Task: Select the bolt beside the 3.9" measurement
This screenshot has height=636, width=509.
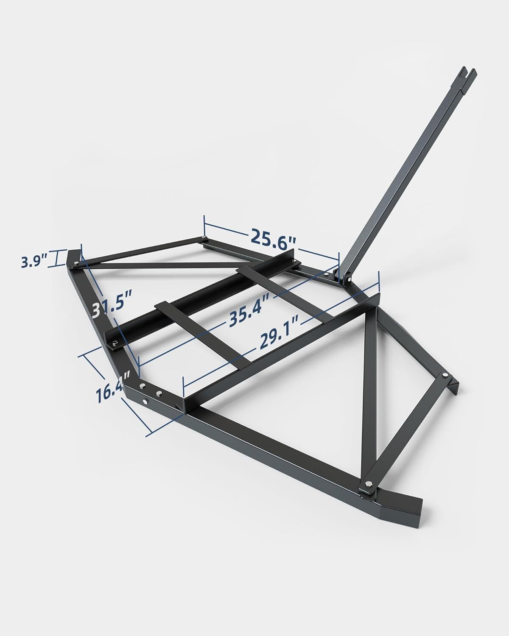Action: click(75, 265)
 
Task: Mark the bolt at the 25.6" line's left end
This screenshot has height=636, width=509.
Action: click(205, 238)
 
